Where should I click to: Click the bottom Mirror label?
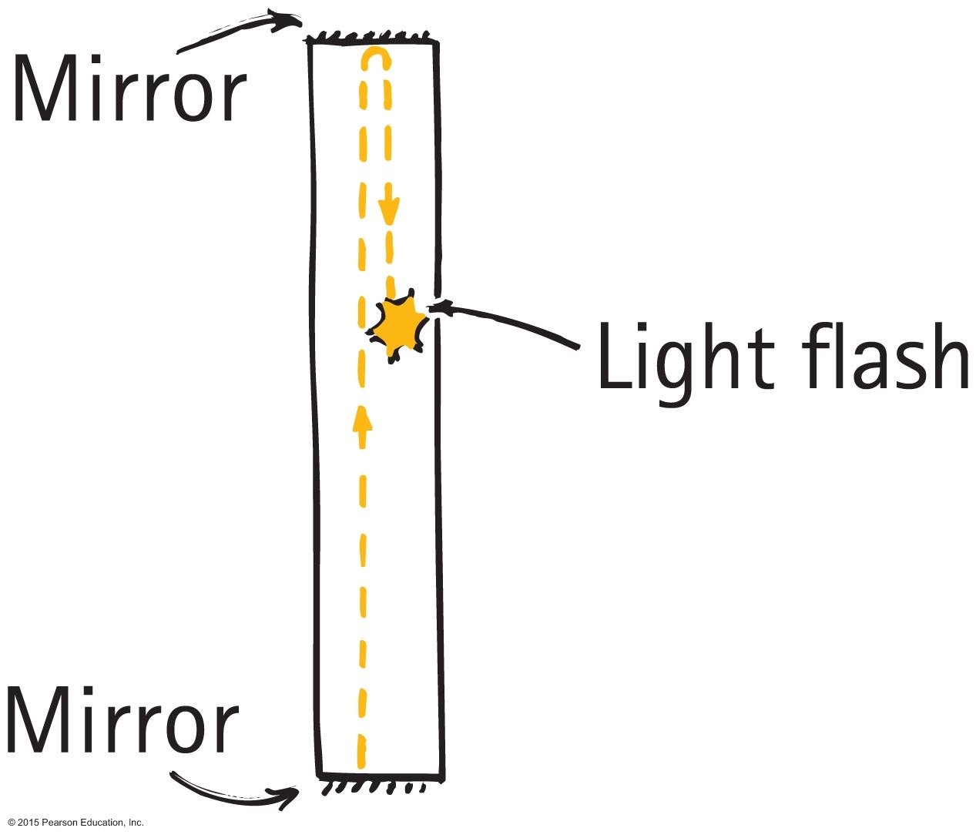point(122,721)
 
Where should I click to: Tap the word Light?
point(686,357)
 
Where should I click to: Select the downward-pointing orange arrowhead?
point(391,209)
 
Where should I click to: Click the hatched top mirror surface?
point(370,36)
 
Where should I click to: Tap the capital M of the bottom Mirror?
point(39,721)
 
